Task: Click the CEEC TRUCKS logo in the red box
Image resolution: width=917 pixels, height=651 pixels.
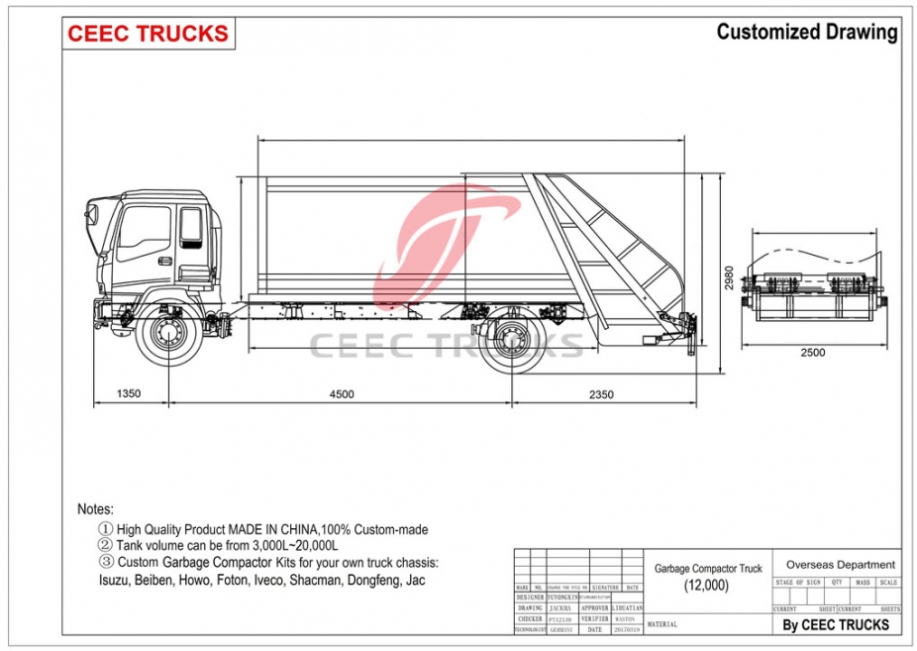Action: (x=148, y=33)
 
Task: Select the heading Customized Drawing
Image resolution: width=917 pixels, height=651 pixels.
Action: (x=806, y=32)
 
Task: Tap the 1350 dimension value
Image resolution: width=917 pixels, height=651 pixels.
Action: (x=129, y=393)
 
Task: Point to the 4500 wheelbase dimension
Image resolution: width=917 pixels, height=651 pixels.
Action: (x=341, y=393)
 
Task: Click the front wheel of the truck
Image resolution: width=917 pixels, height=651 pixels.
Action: (x=164, y=335)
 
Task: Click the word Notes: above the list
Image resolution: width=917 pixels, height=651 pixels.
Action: (x=95, y=508)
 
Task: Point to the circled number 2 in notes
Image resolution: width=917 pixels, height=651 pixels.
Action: (x=104, y=545)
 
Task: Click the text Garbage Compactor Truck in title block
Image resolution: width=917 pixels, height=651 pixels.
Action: (x=708, y=569)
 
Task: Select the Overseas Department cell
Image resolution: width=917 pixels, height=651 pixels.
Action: (x=840, y=565)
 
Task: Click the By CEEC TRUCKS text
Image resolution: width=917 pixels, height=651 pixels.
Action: (x=835, y=624)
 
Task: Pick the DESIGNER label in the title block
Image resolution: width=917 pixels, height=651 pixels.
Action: (x=530, y=597)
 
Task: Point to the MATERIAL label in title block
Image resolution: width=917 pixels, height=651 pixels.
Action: (x=662, y=624)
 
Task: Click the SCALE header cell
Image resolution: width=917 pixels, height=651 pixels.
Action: (x=887, y=583)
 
